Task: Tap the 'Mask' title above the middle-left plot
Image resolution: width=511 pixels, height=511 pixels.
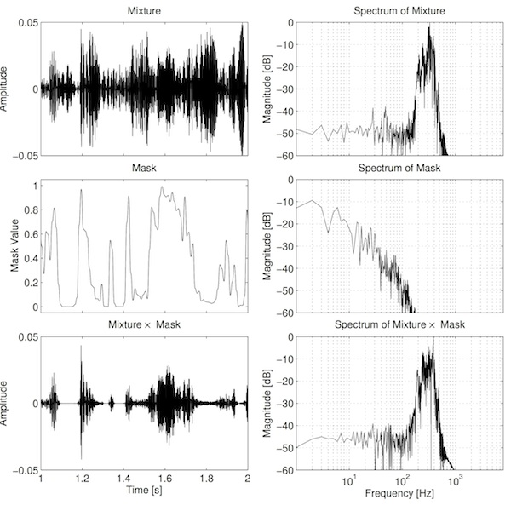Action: pyautogui.click(x=143, y=167)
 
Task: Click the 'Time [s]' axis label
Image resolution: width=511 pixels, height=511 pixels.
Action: pyautogui.click(x=144, y=491)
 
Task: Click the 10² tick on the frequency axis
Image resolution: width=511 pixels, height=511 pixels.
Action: pyautogui.click(x=401, y=479)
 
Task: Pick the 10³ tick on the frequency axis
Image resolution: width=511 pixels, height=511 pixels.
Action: pyautogui.click(x=455, y=479)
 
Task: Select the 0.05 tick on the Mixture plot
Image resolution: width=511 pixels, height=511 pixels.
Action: pyautogui.click(x=26, y=21)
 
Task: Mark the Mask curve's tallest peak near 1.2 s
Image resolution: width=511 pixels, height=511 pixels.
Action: pyautogui.click(x=81, y=190)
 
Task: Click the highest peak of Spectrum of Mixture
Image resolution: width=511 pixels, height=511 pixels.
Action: pyautogui.click(x=430, y=26)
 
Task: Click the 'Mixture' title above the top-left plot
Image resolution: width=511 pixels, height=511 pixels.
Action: pyautogui.click(x=143, y=9)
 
